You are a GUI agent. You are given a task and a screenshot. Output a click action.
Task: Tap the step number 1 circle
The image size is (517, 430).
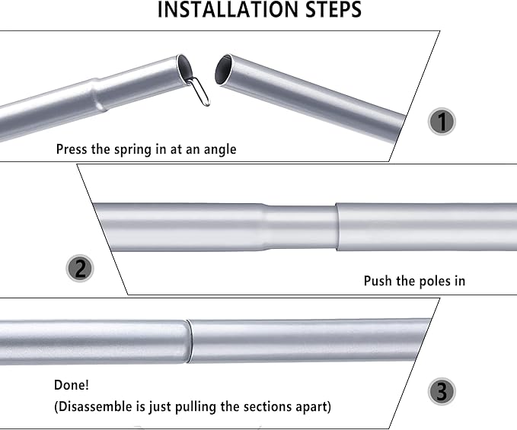pos(441,122)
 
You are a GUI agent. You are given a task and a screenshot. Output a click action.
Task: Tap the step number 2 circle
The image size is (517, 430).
pos(80,269)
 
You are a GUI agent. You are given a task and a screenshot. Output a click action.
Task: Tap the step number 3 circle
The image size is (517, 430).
pos(442,392)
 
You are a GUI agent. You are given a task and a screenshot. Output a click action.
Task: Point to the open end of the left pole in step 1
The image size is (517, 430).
pos(184,68)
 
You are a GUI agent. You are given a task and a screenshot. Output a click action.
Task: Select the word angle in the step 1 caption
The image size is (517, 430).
pos(218,149)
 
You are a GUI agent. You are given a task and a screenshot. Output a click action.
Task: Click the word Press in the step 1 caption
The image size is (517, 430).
pos(72,149)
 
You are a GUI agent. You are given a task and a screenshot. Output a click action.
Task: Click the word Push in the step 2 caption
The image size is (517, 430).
pos(378,281)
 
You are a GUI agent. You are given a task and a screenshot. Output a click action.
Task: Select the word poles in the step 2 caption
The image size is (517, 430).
pos(431,281)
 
